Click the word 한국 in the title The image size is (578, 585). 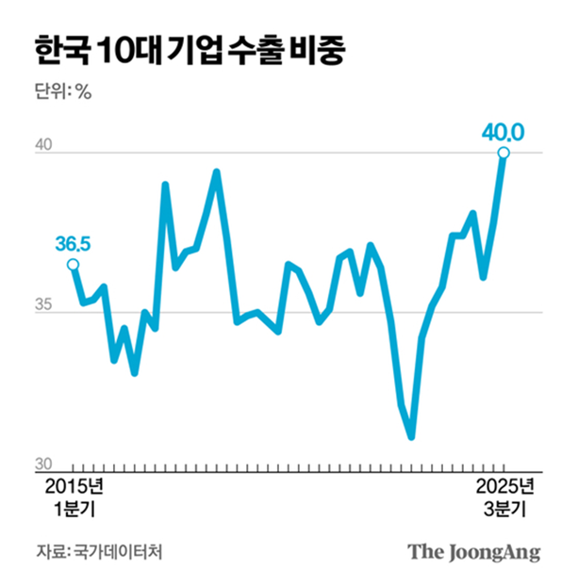(60, 49)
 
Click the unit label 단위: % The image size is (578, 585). (63, 91)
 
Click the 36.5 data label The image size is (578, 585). (72, 245)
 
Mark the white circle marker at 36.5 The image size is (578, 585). (73, 265)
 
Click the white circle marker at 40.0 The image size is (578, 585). (504, 154)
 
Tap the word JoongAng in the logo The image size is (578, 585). (491, 552)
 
